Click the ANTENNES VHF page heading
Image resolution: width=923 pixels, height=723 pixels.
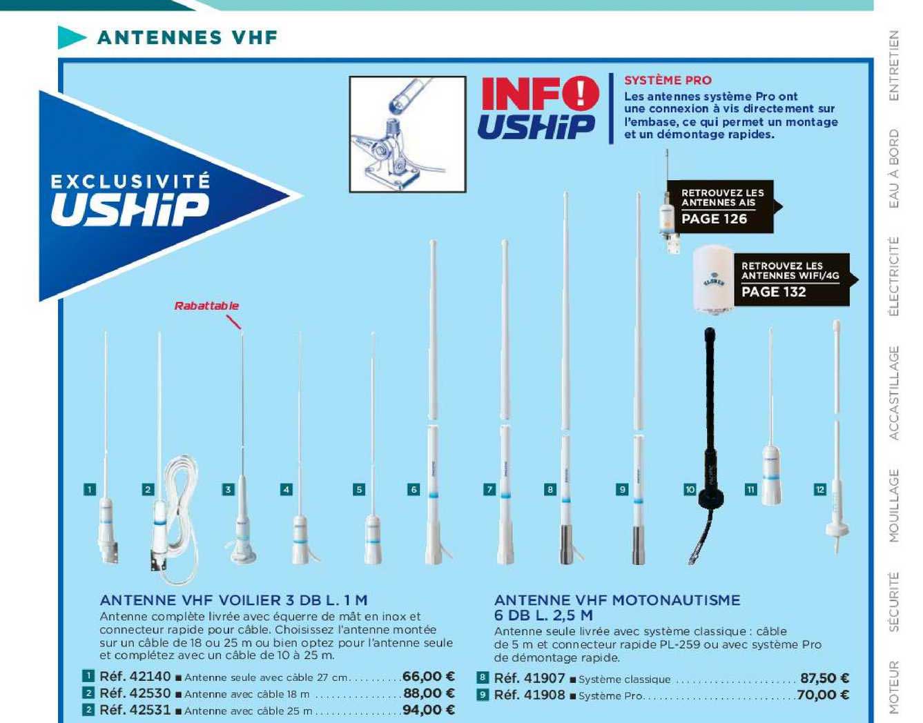pos(187,37)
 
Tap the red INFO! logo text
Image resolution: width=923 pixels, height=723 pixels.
pos(540,93)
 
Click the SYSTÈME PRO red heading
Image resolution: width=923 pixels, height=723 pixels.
pos(668,80)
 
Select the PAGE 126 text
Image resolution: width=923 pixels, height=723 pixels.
pos(714,219)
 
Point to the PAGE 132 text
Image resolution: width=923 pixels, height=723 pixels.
pos(773,292)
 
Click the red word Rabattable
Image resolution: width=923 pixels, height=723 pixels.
pos(206,306)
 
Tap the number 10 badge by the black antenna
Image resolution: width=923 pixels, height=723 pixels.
pos(690,490)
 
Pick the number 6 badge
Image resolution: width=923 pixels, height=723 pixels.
pos(414,490)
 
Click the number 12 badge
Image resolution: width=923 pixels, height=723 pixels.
pos(820,490)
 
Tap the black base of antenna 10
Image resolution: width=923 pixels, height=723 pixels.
pos(712,497)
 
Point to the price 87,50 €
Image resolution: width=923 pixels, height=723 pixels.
pos(824,679)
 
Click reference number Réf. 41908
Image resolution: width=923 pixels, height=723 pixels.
pos(529,695)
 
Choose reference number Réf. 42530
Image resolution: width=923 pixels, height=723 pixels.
pos(135,693)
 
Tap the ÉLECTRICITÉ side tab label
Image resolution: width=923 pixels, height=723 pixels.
pos(894,276)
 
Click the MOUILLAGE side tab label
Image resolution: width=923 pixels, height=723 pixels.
pos(894,505)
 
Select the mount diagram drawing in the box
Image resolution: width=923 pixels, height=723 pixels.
pos(407,134)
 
